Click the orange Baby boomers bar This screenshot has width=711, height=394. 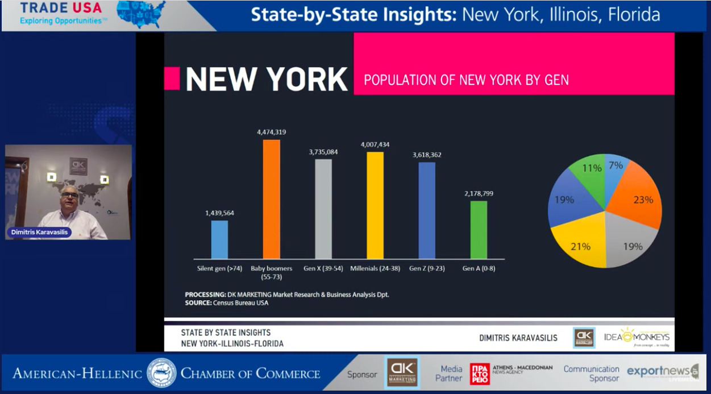coord(271,199)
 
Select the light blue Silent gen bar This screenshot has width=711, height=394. coord(219,239)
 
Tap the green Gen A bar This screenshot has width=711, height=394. coord(479,230)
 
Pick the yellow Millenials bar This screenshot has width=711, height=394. coord(375,205)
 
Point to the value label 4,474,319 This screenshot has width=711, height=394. coord(271,132)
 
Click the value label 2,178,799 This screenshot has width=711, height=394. coord(479,193)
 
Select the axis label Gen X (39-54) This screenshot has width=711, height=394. coord(323,268)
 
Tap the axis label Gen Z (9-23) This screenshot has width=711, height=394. coord(426,268)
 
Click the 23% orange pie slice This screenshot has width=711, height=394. coord(640,200)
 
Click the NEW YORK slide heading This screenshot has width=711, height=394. coord(267,79)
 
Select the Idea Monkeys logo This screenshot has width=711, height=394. coord(636,337)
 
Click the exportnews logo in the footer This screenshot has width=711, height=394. coord(661,372)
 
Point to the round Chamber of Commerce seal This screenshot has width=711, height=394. coord(161,373)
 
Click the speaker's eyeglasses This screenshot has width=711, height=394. coord(70,196)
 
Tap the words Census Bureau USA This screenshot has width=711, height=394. coord(240,303)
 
